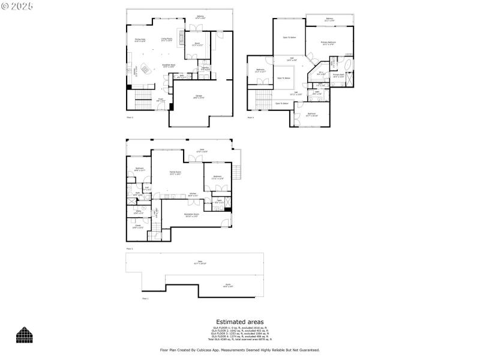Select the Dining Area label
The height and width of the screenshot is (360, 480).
click(x=140, y=40)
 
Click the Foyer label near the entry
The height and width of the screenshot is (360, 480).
click(x=161, y=100)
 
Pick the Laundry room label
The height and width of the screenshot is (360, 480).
click(x=205, y=68)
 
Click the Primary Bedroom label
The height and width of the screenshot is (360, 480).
click(x=328, y=43)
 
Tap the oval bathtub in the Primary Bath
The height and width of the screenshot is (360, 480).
click(x=349, y=65)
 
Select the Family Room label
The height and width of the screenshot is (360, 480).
click(x=175, y=173)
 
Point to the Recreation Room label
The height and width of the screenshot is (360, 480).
click(x=191, y=215)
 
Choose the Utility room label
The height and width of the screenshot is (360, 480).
click(x=137, y=212)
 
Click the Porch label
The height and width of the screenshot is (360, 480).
click(x=228, y=286)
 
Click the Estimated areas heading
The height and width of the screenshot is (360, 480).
click(x=239, y=322)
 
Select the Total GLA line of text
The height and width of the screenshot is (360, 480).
click(x=239, y=339)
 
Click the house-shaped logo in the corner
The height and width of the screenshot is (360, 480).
click(x=24, y=335)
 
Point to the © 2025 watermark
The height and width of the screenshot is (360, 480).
click(x=17, y=5)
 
